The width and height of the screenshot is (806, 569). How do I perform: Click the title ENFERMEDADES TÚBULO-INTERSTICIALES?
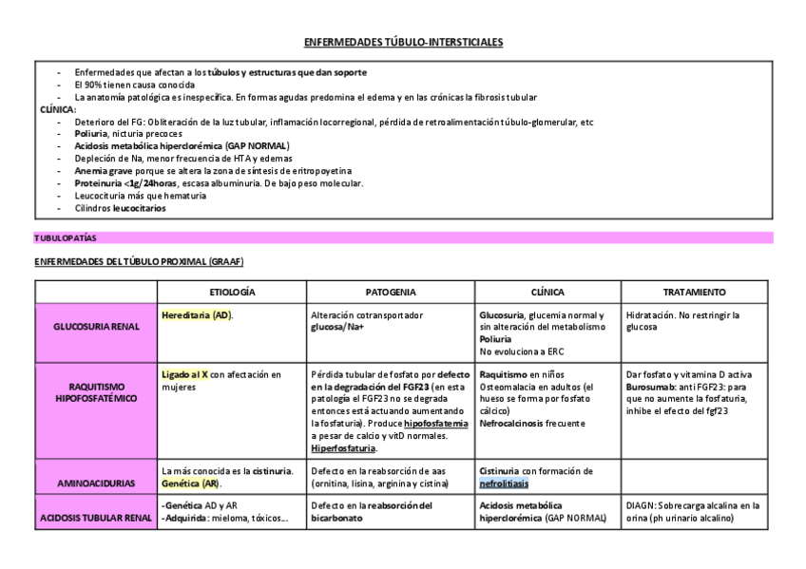403,43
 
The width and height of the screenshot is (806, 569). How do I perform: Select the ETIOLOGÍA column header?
232,292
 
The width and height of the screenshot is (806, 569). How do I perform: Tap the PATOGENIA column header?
391,292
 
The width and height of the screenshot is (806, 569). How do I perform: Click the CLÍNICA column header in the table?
547,292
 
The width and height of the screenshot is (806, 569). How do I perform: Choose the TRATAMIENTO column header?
694,292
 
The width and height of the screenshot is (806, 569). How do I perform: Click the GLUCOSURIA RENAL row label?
98,327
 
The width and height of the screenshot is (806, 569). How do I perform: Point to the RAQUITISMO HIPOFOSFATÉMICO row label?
98,392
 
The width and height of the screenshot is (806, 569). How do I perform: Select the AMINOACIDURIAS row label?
98,484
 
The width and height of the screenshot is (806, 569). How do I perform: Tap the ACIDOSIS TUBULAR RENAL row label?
98,519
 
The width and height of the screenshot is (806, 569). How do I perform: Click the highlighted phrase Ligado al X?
185,374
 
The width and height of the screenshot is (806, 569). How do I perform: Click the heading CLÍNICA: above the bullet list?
57,109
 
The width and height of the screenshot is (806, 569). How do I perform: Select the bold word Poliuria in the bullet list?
93,134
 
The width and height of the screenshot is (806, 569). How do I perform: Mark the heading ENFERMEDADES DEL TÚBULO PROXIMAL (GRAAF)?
140,261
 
